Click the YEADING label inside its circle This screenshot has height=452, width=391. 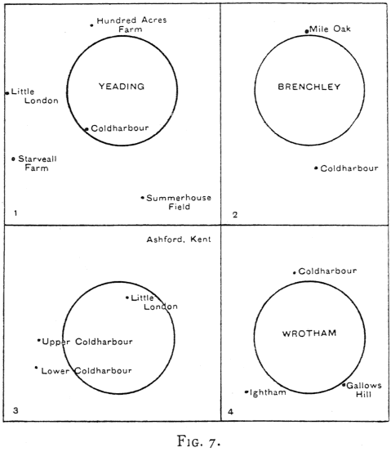click(122, 87)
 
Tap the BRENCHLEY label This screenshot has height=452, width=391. click(309, 87)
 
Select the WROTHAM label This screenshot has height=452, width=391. click(309, 333)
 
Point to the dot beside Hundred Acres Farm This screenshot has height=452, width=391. click(91, 25)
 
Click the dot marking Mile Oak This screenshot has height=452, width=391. click(307, 31)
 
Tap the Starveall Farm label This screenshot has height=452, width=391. click(38, 163)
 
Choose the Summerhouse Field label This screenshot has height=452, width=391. click(179, 202)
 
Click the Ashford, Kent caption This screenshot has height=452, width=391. click(179, 239)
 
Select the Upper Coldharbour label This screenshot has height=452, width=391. click(87, 342)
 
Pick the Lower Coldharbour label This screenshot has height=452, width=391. click(87, 371)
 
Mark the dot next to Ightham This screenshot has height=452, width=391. click(247, 392)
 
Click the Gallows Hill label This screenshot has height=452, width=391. click(364, 390)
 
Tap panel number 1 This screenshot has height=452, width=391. click(16, 213)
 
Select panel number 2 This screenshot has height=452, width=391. click(235, 215)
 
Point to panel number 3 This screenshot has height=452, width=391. click(16, 410)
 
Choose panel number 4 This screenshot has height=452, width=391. click(230, 412)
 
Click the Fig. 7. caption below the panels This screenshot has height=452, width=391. click(198, 441)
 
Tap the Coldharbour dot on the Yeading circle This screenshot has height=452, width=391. click(87, 129)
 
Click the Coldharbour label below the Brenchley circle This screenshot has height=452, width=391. click(349, 168)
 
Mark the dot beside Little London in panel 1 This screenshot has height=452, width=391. click(7, 93)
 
